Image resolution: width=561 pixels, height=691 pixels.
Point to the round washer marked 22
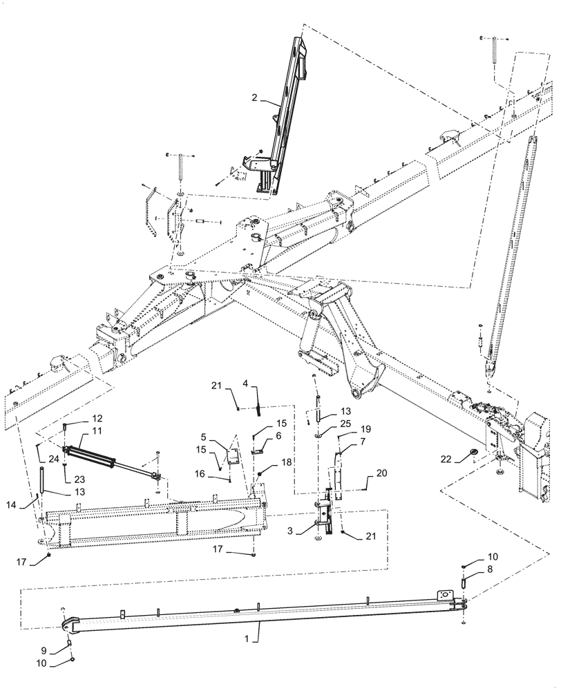(474, 454)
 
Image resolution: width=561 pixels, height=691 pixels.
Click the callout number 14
(31, 504)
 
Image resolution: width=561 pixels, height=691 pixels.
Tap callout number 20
(382, 473)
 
